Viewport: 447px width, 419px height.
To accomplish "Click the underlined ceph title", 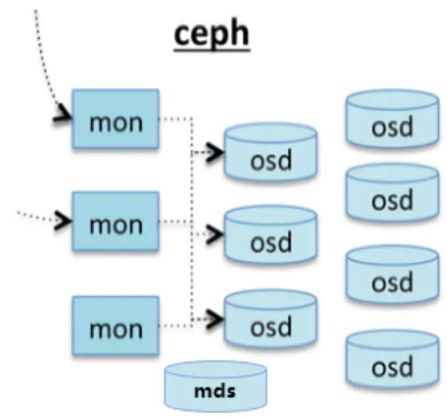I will click(212, 34).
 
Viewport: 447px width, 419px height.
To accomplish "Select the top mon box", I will click(115, 119).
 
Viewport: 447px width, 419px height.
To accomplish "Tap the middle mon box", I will click(115, 222).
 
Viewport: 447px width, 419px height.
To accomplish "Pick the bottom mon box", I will click(115, 325).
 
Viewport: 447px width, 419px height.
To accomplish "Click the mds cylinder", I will click(216, 387).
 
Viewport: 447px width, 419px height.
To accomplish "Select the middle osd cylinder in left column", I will click(271, 238).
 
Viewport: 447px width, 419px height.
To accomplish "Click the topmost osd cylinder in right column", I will click(392, 121).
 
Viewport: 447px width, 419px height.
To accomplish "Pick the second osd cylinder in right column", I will click(392, 195).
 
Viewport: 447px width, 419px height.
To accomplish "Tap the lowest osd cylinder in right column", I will click(392, 361).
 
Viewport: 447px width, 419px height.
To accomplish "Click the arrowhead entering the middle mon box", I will click(63, 220).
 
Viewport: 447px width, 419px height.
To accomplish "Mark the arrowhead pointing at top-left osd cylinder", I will click(215, 151).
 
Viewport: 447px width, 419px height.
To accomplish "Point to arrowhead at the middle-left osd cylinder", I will click(215, 235).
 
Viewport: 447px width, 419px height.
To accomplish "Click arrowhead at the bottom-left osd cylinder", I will click(215, 318).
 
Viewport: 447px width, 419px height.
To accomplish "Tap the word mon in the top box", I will click(115, 122).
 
